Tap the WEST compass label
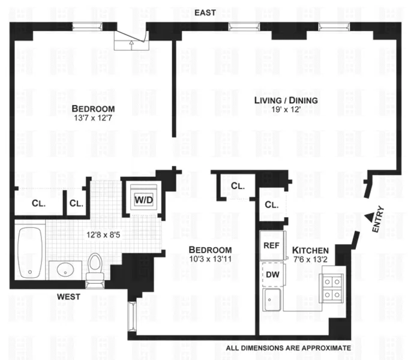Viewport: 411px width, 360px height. point(70,296)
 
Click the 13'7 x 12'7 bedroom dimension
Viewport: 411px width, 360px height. point(93,118)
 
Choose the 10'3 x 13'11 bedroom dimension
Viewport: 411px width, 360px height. point(210,259)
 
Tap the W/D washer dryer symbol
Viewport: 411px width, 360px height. point(142,199)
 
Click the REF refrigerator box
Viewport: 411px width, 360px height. point(271,246)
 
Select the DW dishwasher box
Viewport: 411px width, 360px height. point(272,274)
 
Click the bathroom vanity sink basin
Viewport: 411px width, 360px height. point(64,271)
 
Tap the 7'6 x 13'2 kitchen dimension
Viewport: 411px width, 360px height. point(310,260)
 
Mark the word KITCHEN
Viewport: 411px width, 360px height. point(310,250)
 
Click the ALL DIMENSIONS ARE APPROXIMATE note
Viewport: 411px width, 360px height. point(288,347)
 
